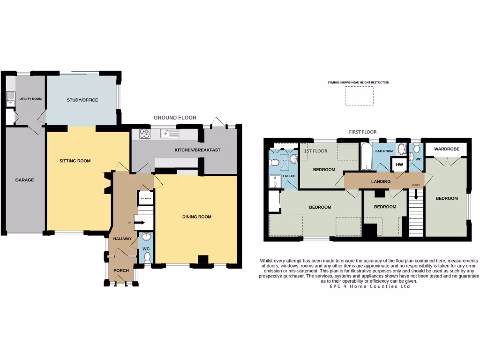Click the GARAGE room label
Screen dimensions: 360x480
[24, 180]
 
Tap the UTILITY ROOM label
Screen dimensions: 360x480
[30, 99]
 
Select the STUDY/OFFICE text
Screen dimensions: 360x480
[82, 100]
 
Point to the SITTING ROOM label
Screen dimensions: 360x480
[75, 161]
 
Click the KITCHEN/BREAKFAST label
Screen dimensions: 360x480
[197, 150]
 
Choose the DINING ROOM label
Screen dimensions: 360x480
[197, 217]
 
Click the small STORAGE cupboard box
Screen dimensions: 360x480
[146, 199]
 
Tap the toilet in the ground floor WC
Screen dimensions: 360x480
[147, 256]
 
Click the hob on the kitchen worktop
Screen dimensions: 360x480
[144, 134]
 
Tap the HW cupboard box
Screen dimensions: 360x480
[399, 165]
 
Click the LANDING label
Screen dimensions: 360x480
[381, 181]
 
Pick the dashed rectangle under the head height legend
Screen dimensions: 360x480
[360, 96]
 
